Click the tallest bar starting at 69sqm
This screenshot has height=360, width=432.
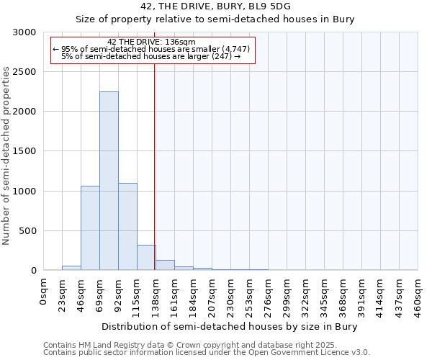(109, 181)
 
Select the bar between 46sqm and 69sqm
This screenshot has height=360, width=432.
(90, 228)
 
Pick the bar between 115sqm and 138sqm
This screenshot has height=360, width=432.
(146, 257)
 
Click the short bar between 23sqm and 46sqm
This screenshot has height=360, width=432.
(71, 268)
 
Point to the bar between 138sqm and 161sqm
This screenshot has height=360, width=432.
(165, 265)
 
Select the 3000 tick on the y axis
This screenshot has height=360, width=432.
(24, 32)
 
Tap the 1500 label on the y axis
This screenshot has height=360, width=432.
(24, 151)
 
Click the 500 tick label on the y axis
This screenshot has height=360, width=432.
(27, 231)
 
